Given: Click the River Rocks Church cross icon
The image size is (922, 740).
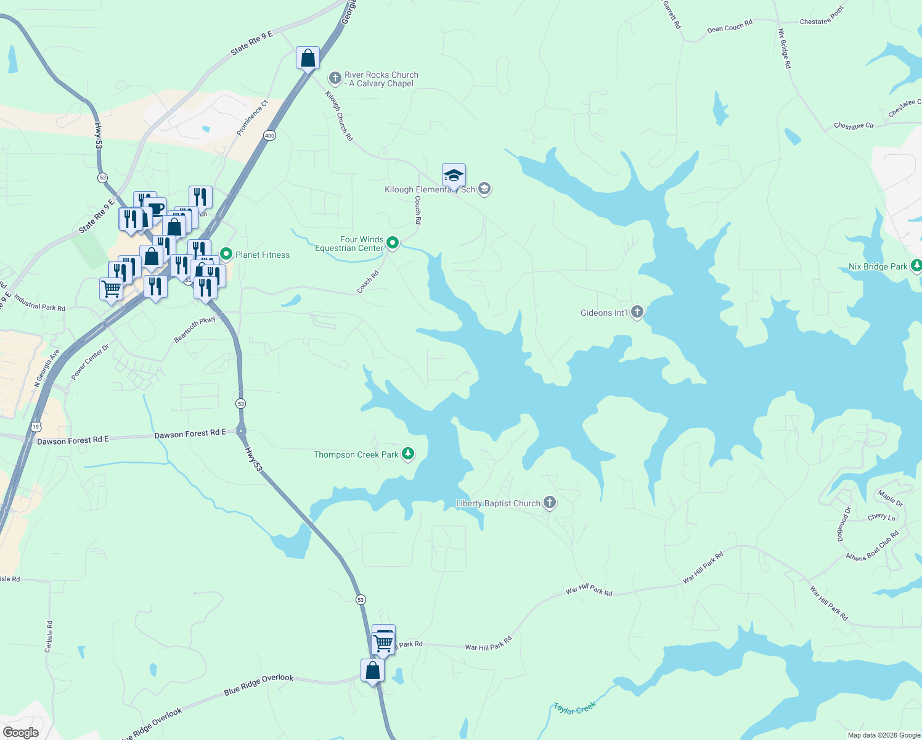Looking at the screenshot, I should (x=335, y=78).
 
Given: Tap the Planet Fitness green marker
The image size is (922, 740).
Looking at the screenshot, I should (x=226, y=254).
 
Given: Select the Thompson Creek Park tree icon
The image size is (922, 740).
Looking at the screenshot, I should (x=407, y=454).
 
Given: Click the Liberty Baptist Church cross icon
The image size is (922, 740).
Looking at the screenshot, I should (x=550, y=503).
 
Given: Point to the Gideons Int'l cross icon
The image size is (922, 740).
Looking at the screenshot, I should (x=637, y=312).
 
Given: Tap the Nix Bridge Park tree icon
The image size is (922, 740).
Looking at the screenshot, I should (x=916, y=266).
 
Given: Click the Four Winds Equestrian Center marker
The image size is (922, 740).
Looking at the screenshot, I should (x=393, y=244).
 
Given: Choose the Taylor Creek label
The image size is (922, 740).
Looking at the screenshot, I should (x=574, y=708).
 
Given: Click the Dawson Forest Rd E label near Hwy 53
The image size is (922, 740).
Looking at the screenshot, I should (x=190, y=434).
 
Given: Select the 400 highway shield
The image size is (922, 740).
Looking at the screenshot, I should (x=269, y=136).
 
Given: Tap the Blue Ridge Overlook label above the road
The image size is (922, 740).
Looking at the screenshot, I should (x=259, y=684).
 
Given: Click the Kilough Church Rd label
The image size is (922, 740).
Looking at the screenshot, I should (x=339, y=116).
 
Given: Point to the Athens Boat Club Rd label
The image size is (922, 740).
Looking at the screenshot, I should (x=872, y=546).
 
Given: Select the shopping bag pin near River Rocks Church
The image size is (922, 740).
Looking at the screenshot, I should (x=308, y=59).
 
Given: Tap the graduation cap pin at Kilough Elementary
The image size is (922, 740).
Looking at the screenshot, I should (x=454, y=176).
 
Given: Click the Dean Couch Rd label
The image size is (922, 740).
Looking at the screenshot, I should (x=730, y=27).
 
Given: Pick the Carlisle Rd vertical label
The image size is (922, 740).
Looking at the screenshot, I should (x=49, y=636).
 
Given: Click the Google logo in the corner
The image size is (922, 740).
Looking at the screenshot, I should (x=21, y=733).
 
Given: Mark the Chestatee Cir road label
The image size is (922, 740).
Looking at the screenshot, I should (x=854, y=126).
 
